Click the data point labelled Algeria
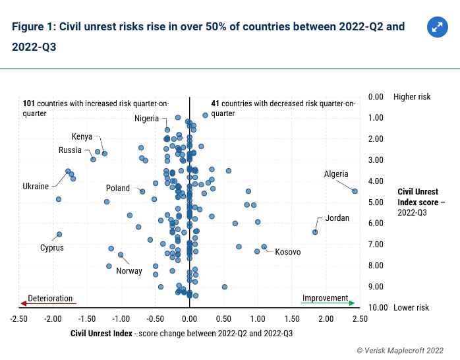pyautogui.click(x=355, y=191)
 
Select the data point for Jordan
pyautogui.click(x=315, y=232)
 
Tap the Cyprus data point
pyautogui.click(x=59, y=234)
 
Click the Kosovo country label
pyautogui.click(x=287, y=253)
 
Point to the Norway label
pyautogui.click(x=129, y=271)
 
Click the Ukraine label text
pyautogui.click(x=36, y=187)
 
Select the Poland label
pyautogui.click(x=118, y=189)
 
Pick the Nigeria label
pyautogui.click(x=146, y=119)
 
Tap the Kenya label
pyautogui.click(x=82, y=137)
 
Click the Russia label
pyautogui.click(x=70, y=150)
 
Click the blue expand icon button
pyautogui.click(x=437, y=27)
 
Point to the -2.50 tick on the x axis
pyautogui.click(x=19, y=318)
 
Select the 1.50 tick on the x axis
pyautogui.click(x=292, y=318)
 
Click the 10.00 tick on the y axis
pyautogui.click(x=377, y=308)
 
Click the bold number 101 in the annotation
pyautogui.click(x=28, y=104)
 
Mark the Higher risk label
pyautogui.click(x=412, y=97)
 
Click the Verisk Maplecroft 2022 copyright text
pyautogui.click(x=400, y=351)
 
